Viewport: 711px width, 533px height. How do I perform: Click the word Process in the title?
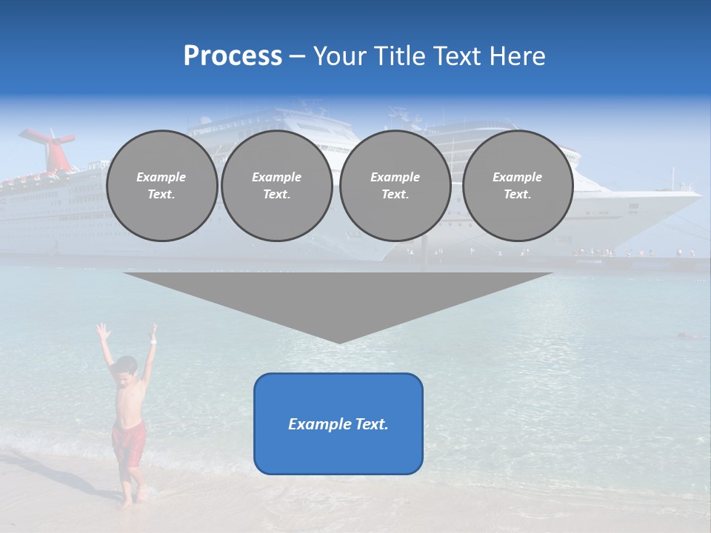[233, 56]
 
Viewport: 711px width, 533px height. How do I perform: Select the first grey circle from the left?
[161, 186]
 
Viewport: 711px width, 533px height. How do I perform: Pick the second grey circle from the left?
[276, 186]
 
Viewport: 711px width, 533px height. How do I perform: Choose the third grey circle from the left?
[395, 186]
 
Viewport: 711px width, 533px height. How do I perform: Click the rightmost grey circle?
[517, 186]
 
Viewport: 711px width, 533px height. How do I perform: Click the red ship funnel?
[50, 147]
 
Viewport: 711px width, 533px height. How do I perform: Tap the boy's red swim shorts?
[127, 442]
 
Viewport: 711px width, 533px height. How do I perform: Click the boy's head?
[127, 367]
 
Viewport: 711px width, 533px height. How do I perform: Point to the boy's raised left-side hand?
[101, 329]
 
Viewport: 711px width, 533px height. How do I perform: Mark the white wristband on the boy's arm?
[153, 341]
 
